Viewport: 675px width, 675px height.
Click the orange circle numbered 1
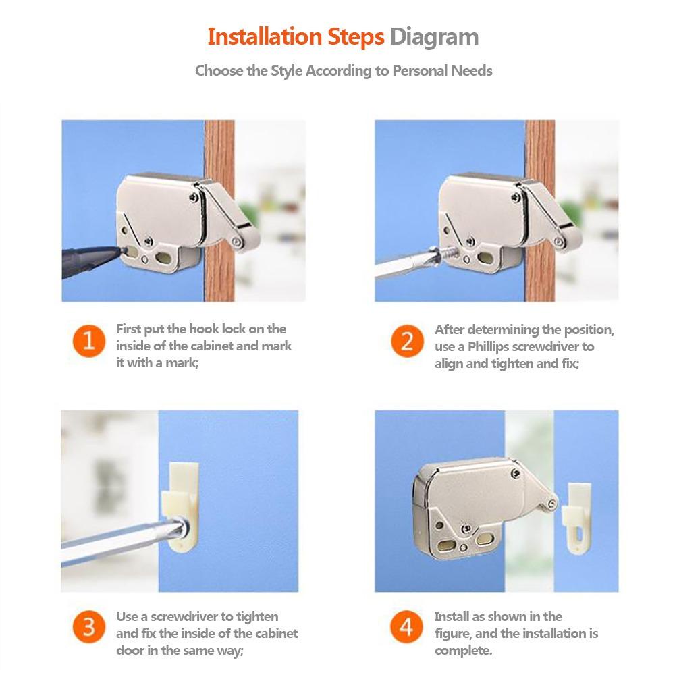point(89,341)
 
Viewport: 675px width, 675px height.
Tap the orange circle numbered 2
point(407,341)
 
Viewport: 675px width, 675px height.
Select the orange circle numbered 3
point(89,627)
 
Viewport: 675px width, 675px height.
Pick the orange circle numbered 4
point(407,627)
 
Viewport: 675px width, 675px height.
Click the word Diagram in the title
point(434,37)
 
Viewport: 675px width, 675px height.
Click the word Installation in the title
point(265,36)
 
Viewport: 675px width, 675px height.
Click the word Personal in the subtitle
point(419,70)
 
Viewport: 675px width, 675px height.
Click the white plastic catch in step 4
point(577,518)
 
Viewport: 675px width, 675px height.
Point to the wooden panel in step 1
point(219,211)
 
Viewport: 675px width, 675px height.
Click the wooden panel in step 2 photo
point(540,211)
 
